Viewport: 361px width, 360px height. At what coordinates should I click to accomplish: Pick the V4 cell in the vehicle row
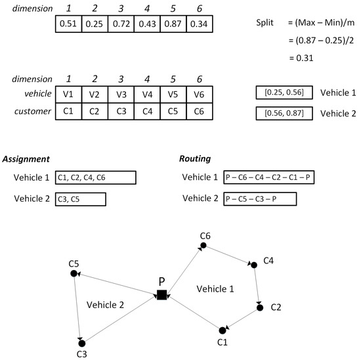[x=146, y=95]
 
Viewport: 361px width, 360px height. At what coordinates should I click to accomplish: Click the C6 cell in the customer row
[x=200, y=111]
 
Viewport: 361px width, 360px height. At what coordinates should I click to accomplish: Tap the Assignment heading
[x=26, y=159]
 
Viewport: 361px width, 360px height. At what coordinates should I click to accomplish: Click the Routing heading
[x=196, y=159]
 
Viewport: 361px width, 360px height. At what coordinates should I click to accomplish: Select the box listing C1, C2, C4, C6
[x=95, y=178]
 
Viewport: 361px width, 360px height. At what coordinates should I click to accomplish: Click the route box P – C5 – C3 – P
[x=260, y=198]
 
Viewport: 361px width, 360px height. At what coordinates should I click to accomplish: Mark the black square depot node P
[x=161, y=295]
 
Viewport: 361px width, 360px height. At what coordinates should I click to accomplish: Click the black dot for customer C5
[x=74, y=273]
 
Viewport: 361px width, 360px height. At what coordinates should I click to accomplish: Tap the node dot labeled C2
[x=260, y=307]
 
